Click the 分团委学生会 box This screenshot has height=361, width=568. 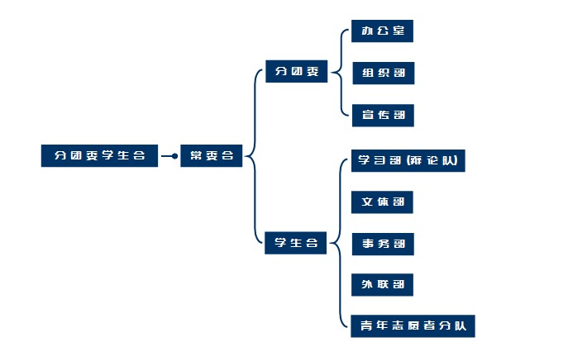click(x=99, y=155)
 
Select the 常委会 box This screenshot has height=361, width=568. click(x=212, y=155)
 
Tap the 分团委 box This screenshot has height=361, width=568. click(x=296, y=71)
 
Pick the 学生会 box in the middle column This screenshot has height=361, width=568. click(x=296, y=243)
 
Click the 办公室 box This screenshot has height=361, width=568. click(x=381, y=31)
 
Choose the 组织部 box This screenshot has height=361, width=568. click(x=381, y=73)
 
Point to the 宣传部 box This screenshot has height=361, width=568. click(x=381, y=114)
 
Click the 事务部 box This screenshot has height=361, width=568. click(x=381, y=244)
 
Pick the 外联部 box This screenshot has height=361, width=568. click(x=381, y=285)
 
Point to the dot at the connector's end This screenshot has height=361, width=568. click(x=174, y=155)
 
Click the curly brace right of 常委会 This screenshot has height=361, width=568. click(x=251, y=155)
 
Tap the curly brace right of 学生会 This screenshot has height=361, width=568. click(x=340, y=243)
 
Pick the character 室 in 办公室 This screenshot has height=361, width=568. click(x=399, y=31)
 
